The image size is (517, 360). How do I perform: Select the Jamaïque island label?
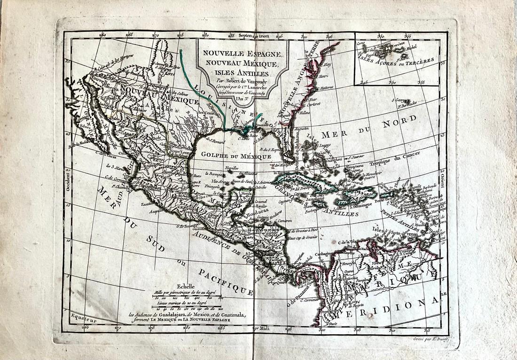pos(316,199)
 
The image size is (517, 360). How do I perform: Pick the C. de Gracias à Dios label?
pos(305,231)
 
